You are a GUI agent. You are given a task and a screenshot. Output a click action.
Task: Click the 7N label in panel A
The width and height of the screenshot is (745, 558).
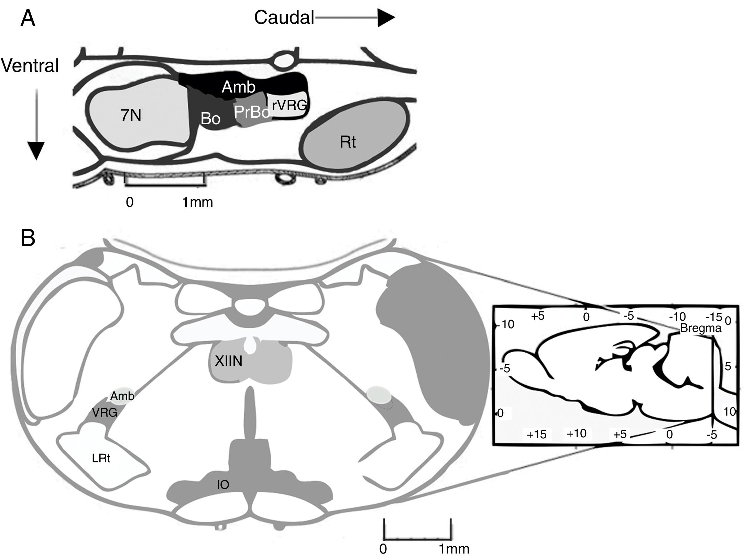[x=131, y=116]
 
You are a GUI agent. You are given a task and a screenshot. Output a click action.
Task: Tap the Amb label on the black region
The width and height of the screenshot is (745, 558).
[x=238, y=87]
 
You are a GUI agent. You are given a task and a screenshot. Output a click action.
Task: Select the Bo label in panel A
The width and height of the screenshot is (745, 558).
[x=210, y=119]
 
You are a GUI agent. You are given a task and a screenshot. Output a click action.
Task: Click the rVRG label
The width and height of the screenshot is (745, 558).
[x=289, y=105]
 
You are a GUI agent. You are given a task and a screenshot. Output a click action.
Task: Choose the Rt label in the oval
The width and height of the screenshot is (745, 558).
[x=348, y=142]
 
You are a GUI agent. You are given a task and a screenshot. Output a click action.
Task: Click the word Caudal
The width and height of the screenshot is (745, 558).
[x=284, y=18]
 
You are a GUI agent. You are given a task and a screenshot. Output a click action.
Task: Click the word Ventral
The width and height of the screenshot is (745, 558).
[x=30, y=65]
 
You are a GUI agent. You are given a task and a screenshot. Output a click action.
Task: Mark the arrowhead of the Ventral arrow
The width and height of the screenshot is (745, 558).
[x=35, y=151]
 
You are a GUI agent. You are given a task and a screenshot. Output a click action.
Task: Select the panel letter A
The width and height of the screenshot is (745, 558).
[x=28, y=19]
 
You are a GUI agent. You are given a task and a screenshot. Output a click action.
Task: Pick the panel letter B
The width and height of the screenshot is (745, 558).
[x=28, y=238]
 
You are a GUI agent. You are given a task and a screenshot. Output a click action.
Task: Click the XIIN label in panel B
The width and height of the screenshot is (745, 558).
[x=229, y=361]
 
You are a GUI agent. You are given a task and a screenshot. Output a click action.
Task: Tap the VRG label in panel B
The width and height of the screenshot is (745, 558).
[x=105, y=412]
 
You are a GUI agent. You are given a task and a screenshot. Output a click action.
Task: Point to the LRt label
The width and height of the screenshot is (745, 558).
[x=101, y=459]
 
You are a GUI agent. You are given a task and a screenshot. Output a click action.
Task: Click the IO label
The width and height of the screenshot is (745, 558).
[x=223, y=485]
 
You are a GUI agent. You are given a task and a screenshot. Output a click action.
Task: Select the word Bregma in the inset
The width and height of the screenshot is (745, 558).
[x=700, y=329]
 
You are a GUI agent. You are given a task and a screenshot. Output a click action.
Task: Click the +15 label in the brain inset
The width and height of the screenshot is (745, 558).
[x=536, y=434]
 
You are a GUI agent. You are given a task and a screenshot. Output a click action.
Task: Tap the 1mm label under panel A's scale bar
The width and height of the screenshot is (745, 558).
[x=197, y=202]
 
